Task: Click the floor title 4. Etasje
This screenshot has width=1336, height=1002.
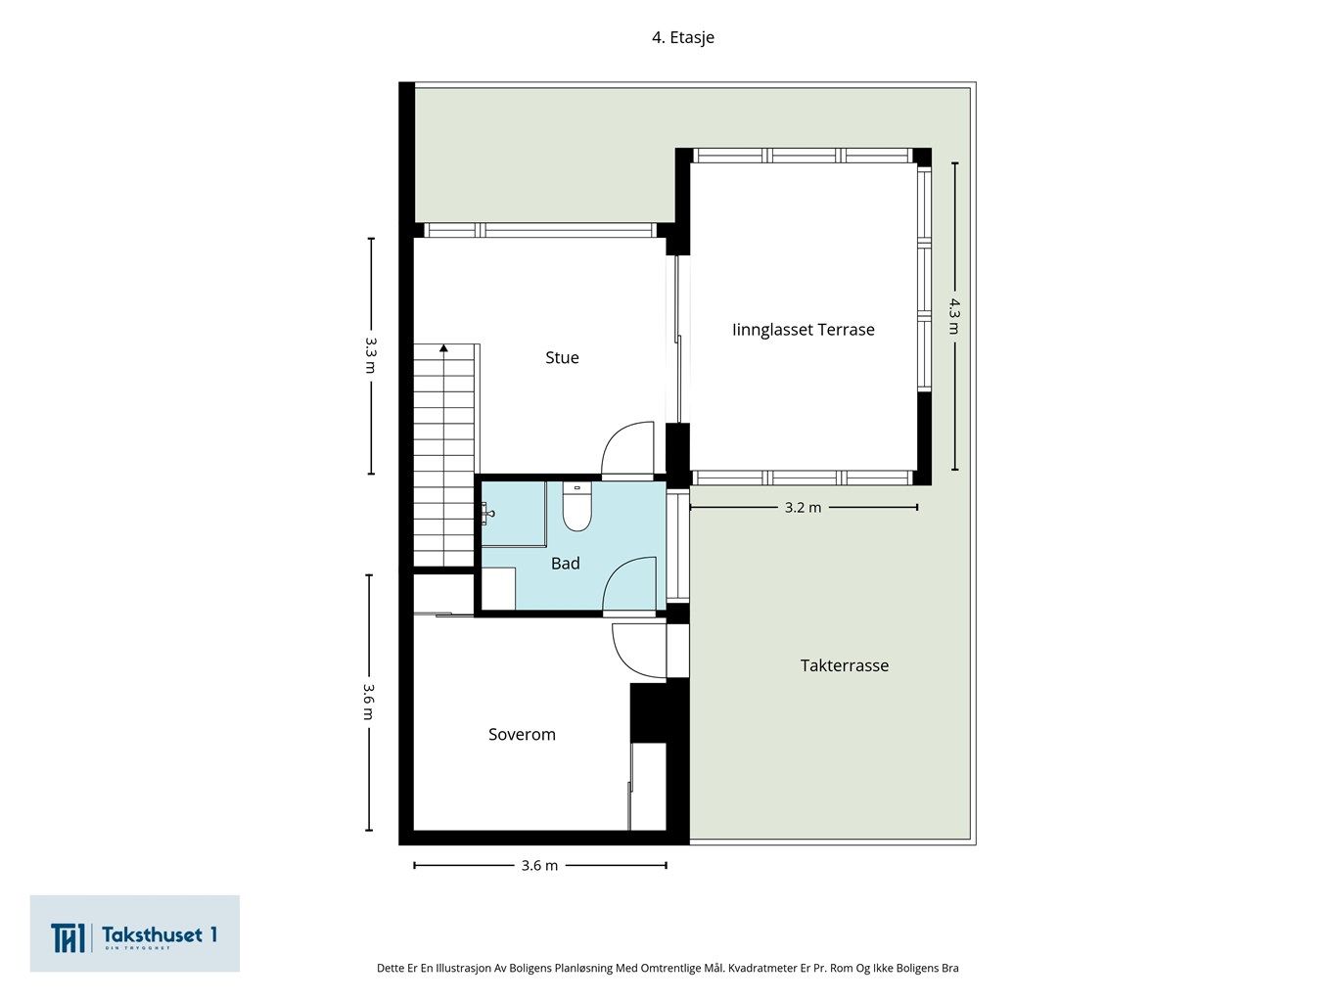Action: [683, 37]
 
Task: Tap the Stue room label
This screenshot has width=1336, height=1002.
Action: [562, 358]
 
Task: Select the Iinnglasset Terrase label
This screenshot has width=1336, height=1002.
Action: [803, 330]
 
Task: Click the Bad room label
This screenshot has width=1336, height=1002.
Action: [565, 564]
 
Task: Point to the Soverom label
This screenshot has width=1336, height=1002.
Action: [522, 735]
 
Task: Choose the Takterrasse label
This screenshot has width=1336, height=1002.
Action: [844, 665]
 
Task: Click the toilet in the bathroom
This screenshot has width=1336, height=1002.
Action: [576, 509]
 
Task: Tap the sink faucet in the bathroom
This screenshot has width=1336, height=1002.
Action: [487, 512]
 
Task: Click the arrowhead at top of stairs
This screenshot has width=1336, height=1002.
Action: [443, 347]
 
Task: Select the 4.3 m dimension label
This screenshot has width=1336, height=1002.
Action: [953, 315]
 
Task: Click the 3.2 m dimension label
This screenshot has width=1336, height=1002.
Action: [803, 507]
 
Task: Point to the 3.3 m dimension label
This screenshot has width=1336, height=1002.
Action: [370, 355]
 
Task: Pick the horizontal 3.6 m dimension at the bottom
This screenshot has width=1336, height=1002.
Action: [539, 865]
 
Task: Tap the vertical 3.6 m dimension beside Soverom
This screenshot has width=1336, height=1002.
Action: [369, 701]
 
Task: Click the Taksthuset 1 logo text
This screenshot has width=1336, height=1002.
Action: [159, 935]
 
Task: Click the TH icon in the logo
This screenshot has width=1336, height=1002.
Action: [68, 937]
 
